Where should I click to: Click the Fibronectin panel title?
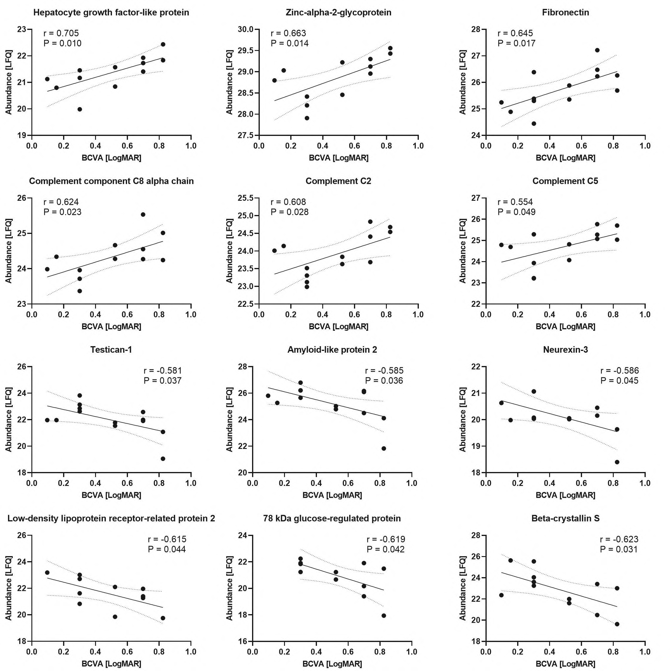565,13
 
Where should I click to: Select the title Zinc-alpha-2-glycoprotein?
338,13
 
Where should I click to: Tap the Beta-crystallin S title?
565,518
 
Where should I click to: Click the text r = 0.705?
61,33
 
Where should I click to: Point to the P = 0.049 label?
517,212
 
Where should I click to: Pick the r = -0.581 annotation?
163,370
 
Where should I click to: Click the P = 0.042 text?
386,549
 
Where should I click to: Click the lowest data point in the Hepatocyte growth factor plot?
80,109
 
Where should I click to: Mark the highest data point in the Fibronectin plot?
597,50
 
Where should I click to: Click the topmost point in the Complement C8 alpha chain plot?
143,215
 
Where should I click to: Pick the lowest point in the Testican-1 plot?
163,459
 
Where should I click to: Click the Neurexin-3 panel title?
565,350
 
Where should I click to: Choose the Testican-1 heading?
111,350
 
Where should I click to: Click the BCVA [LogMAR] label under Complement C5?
565,327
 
